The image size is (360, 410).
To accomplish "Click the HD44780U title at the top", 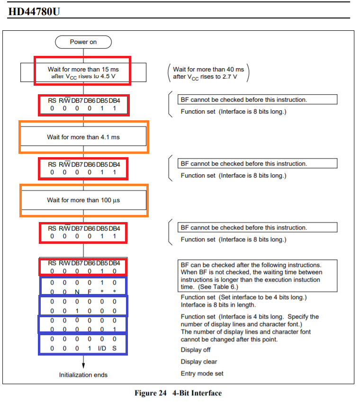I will tap(35, 11).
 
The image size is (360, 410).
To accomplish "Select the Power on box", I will tap(83, 42).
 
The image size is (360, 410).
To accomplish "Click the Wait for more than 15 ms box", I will tap(83, 72).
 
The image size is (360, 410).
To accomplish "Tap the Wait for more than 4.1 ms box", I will tap(83, 137).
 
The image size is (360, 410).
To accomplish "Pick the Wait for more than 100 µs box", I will tap(83, 200).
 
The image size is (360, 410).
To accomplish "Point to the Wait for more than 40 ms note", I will tap(208, 72).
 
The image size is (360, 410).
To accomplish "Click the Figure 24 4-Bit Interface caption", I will tap(178, 393).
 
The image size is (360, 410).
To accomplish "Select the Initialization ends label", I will tap(83, 375).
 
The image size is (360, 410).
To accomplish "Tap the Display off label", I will tap(196, 350).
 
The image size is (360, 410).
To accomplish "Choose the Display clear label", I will tap(199, 362).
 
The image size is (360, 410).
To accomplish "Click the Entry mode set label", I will tap(202, 374).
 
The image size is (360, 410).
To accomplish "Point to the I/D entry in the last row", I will tap(102, 348).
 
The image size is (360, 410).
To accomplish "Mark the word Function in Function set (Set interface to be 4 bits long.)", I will tap(192, 297).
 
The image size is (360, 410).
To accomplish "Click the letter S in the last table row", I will tap(114, 348).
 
